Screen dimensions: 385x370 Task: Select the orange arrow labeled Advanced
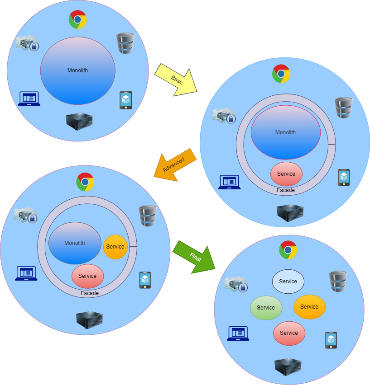[x=175, y=165]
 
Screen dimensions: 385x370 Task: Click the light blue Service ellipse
[x=288, y=282]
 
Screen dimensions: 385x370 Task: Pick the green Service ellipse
[x=266, y=308]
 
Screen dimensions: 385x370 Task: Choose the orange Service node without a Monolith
[x=309, y=307]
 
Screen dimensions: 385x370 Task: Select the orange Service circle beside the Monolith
[x=115, y=247]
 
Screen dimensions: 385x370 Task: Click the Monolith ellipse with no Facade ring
[x=77, y=70]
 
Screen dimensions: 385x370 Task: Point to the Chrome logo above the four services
[x=288, y=249]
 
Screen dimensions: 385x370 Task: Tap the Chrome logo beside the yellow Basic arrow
[x=281, y=73]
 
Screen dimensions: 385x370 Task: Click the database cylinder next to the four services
[x=338, y=281]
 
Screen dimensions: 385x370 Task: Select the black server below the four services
[x=288, y=366]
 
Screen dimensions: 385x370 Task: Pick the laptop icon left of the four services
[x=238, y=333]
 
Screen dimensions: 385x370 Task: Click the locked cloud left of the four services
[x=236, y=284]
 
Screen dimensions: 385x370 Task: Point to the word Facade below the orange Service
[x=90, y=293]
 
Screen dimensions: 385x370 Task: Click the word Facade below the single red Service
[x=286, y=190]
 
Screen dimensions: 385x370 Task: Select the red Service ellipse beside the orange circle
[x=87, y=276]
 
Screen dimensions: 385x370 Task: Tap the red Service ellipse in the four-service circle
[x=289, y=333]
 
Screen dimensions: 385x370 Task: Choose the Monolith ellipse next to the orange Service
[x=75, y=243]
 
